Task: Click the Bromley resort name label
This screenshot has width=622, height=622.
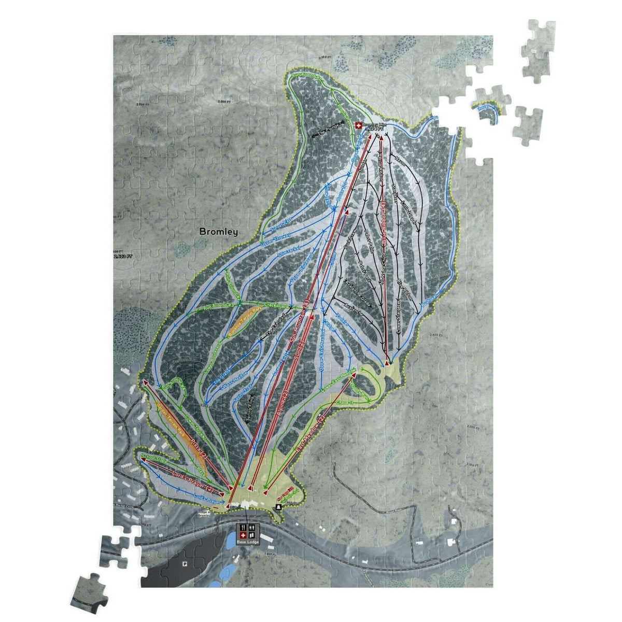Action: point(218,232)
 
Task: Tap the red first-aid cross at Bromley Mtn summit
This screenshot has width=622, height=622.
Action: point(358,125)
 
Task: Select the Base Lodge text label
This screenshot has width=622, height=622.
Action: point(247,542)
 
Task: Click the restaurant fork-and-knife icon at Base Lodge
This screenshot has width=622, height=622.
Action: point(242,528)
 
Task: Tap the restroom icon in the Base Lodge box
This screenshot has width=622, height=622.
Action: point(252,528)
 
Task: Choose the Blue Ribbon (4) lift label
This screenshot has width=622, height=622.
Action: point(384,223)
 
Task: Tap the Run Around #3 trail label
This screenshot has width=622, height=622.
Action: point(219,307)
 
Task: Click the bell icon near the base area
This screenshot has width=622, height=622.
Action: point(279,506)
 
